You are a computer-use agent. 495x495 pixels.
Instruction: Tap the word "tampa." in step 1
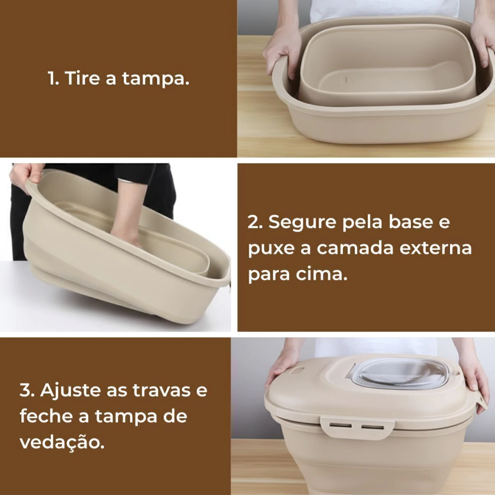[156, 79]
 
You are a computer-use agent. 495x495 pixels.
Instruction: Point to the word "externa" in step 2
[436, 248]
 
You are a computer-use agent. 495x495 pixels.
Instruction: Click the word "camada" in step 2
[355, 248]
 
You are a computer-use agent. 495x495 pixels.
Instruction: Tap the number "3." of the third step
[27, 390]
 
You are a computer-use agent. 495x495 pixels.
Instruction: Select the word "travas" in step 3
[161, 391]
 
